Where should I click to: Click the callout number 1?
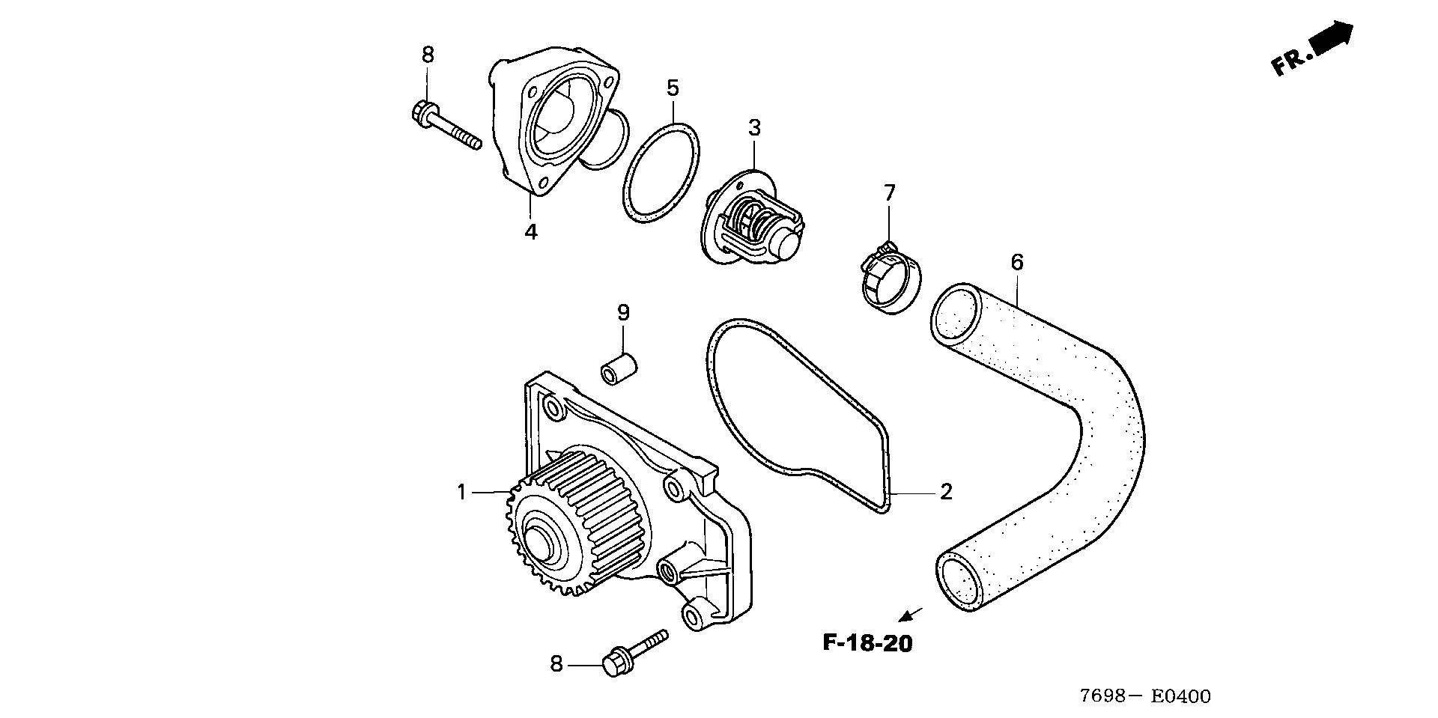tap(462, 493)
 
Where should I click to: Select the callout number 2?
tap(946, 492)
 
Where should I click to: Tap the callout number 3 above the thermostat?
tap(754, 128)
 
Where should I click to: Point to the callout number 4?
tap(530, 231)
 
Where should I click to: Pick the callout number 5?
tap(673, 88)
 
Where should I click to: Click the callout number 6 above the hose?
tap(1016, 262)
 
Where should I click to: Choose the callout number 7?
tap(889, 193)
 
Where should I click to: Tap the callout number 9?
tap(623, 312)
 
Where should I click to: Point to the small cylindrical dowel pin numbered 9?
tap(618, 370)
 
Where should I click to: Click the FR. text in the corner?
tap(1291, 62)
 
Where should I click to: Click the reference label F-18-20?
tap(868, 642)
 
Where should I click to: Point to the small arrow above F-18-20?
tap(909, 615)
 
